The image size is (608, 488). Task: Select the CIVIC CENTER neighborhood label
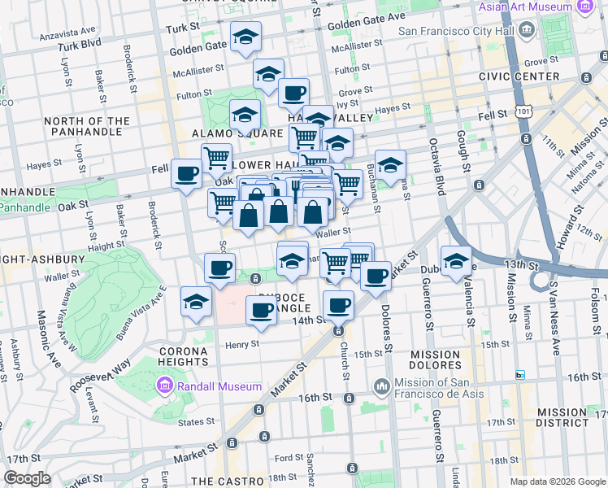coord(519,76)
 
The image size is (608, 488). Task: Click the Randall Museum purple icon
coord(165,386)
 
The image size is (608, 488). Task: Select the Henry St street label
coord(241,343)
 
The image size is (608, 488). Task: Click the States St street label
coord(196,421)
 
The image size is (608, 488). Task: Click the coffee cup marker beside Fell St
coord(187,173)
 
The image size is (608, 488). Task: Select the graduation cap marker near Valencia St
coord(456,260)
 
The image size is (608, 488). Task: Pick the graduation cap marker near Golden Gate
coord(245,36)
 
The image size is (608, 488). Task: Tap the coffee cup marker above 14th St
coord(338,306)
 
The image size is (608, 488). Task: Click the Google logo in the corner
coord(28,478)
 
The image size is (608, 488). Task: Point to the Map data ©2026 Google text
coord(557,481)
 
